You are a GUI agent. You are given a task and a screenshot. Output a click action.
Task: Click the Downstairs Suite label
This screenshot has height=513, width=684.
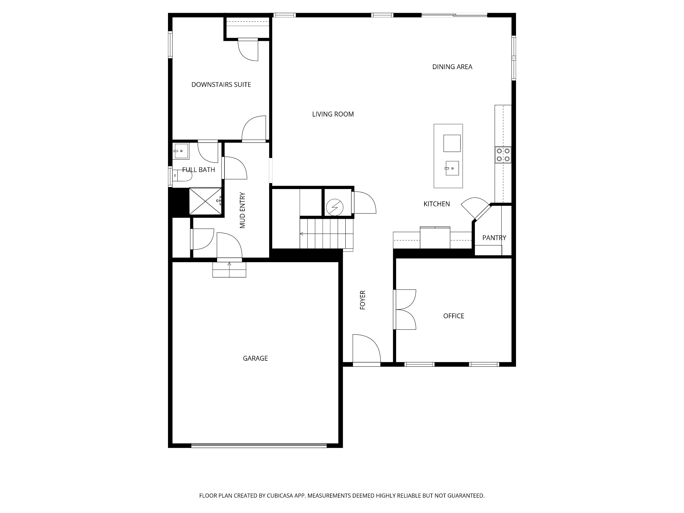tap(221, 85)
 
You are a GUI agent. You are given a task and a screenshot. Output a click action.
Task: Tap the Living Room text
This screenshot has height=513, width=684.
tap(333, 114)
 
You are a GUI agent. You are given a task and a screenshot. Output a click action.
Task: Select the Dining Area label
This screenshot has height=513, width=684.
tap(452, 67)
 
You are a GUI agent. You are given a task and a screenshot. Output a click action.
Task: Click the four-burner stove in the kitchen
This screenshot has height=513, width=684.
tap(503, 155)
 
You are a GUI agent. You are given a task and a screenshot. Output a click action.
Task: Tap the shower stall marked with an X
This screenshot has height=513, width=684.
tap(205, 201)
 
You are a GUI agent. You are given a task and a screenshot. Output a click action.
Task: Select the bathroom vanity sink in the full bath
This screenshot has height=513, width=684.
tap(181, 151)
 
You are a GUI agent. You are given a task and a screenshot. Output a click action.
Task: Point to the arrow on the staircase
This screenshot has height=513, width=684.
tap(302, 234)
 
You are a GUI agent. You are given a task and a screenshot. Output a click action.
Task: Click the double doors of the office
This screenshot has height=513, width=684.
tap(405, 310)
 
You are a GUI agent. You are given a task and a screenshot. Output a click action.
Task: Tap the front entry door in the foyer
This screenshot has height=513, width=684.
tap(366, 349)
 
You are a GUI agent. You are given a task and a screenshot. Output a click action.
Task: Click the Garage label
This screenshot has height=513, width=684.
tap(255, 358)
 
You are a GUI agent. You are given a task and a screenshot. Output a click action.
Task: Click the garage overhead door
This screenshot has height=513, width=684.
tap(259, 445)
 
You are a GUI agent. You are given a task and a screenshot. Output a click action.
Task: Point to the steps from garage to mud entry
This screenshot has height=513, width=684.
tap(229, 270)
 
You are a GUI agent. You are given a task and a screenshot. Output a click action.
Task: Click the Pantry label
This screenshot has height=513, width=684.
tap(494, 238)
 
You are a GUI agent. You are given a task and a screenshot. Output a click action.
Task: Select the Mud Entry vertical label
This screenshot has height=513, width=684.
tap(242, 210)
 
